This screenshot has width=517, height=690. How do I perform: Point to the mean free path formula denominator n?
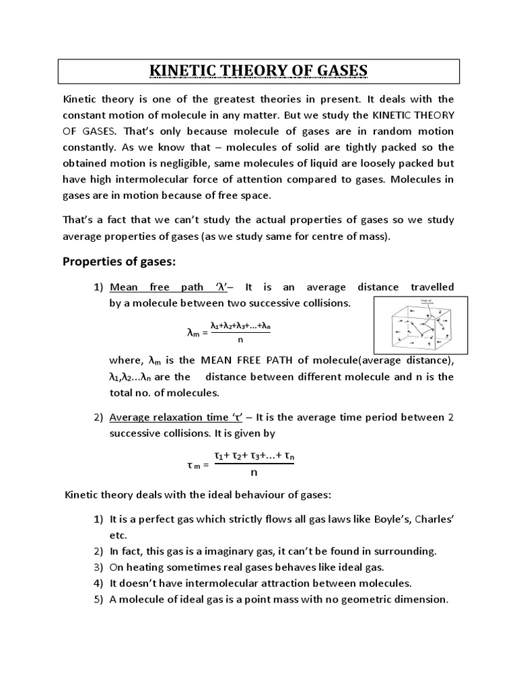pos(240,340)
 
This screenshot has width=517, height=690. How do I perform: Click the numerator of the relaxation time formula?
pos(254,457)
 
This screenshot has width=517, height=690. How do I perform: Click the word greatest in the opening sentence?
pos(226,98)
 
